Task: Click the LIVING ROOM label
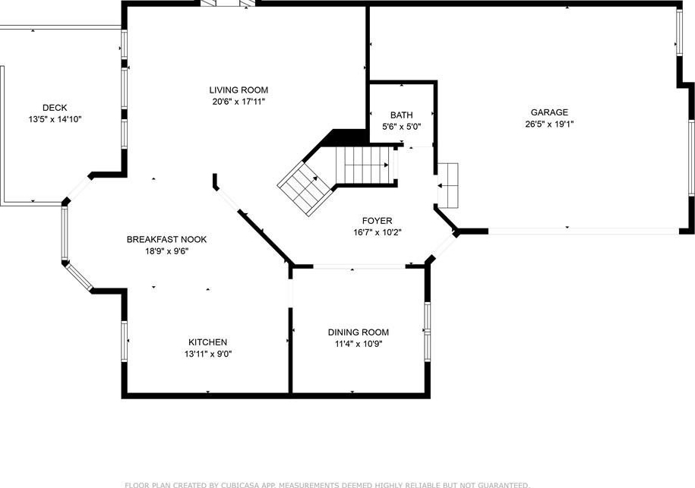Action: click(239, 90)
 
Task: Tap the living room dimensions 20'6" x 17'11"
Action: click(239, 102)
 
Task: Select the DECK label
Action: click(55, 108)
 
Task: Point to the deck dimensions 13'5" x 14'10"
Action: click(55, 119)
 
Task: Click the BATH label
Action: click(402, 115)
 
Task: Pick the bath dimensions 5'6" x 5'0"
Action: click(402, 127)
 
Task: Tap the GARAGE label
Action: click(550, 112)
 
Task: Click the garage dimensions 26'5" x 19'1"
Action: click(550, 124)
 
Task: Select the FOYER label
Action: click(378, 221)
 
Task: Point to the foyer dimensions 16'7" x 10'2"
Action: click(378, 232)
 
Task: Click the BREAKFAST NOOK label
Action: click(166, 240)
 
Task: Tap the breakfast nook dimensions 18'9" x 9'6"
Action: click(166, 251)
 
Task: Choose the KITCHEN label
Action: click(208, 342)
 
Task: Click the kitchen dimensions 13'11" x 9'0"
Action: click(208, 354)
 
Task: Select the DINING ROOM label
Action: click(359, 332)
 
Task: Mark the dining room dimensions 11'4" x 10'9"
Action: click(359, 344)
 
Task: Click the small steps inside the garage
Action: click(447, 185)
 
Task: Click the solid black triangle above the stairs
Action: click(343, 138)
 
